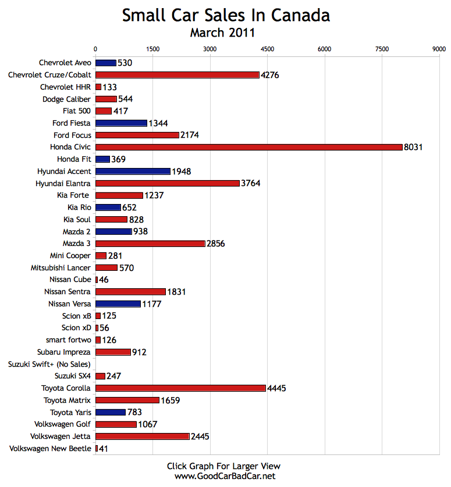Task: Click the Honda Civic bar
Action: pos(248,147)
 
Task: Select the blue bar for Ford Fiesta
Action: pos(121,123)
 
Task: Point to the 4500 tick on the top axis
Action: pos(267,50)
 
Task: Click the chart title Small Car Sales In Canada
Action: pos(226,16)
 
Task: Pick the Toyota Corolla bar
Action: pos(180,388)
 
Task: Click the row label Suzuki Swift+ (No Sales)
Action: pos(49,364)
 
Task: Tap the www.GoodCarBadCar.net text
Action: pos(225,476)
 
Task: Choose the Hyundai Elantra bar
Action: pos(167,183)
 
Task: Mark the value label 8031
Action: pos(413,147)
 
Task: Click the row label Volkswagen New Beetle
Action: pos(51,449)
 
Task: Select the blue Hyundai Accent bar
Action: pos(133,171)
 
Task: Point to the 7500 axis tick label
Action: pos(382,50)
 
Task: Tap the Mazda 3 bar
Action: pos(150,243)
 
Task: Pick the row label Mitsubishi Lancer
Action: pos(61,268)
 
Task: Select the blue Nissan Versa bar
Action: pos(118,304)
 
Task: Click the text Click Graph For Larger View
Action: pos(223,466)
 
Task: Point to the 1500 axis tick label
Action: pos(152,50)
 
